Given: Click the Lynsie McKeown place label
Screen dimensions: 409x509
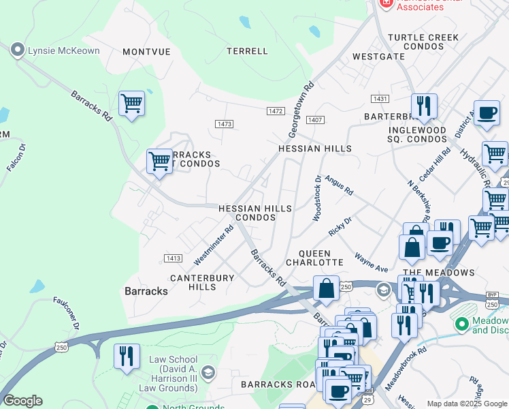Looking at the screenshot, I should (x=62, y=50).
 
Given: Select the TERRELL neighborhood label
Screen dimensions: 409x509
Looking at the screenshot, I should (x=247, y=51).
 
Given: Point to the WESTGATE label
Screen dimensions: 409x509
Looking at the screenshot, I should (x=378, y=57).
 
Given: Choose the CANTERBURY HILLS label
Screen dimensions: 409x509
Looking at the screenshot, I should (x=202, y=282).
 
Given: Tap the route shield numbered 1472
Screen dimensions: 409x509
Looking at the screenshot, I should (x=276, y=111).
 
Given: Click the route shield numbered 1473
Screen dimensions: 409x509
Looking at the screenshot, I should (x=224, y=123).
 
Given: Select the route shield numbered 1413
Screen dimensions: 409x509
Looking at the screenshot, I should (x=173, y=258).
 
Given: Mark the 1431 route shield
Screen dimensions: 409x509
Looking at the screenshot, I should (x=380, y=100).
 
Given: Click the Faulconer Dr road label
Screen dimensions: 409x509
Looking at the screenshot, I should (x=67, y=313).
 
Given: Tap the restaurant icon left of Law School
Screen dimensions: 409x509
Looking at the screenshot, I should (x=127, y=357).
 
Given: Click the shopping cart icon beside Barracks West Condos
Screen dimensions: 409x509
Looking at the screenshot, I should (x=159, y=162).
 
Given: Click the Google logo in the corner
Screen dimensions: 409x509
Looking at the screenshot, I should (x=22, y=400).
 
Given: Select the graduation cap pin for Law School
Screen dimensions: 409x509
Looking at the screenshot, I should (x=208, y=372).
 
